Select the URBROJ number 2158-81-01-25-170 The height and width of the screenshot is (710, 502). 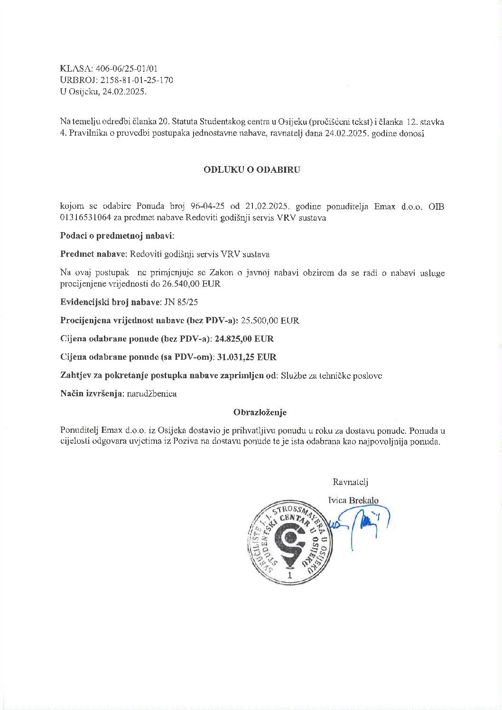pyautogui.click(x=137, y=80)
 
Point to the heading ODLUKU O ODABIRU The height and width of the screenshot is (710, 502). pyautogui.click(x=252, y=169)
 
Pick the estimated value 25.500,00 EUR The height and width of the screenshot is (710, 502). pyautogui.click(x=270, y=320)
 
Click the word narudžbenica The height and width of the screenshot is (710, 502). pyautogui.click(x=152, y=394)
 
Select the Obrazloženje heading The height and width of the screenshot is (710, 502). pyautogui.click(x=260, y=412)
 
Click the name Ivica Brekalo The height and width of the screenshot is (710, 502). pyautogui.click(x=353, y=500)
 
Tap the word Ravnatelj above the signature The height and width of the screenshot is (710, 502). pyautogui.click(x=351, y=482)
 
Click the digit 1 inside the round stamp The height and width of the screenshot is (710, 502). pyautogui.click(x=289, y=575)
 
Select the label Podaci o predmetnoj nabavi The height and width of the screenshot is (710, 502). pyautogui.click(x=117, y=236)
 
